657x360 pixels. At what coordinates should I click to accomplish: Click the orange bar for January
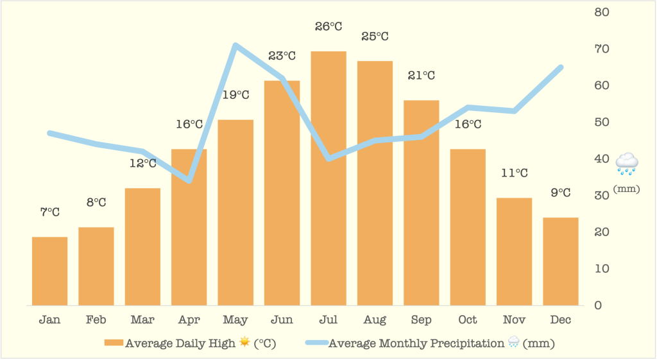click(49, 271)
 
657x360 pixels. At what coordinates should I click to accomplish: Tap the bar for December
click(561, 261)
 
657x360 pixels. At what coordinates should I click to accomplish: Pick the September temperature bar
click(422, 202)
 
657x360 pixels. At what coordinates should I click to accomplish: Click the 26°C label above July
click(328, 26)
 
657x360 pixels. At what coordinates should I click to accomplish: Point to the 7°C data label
click(49, 212)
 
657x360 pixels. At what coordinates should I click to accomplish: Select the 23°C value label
click(282, 56)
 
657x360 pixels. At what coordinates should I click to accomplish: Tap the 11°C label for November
click(515, 173)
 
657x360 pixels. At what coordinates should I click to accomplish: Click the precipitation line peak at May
click(235, 45)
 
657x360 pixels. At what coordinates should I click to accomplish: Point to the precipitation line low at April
click(189, 180)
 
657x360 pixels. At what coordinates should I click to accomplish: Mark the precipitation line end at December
click(561, 67)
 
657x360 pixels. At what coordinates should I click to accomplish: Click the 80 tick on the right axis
click(602, 12)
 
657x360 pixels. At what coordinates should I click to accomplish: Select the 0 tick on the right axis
click(598, 305)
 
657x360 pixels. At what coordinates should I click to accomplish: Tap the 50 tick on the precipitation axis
click(602, 122)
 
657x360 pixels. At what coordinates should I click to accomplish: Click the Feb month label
click(96, 320)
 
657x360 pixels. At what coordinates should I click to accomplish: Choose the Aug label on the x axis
click(375, 320)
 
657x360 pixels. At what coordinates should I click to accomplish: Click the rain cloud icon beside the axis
click(626, 164)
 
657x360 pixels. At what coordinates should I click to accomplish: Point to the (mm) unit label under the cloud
click(626, 189)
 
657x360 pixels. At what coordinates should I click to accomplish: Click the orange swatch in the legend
click(114, 343)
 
